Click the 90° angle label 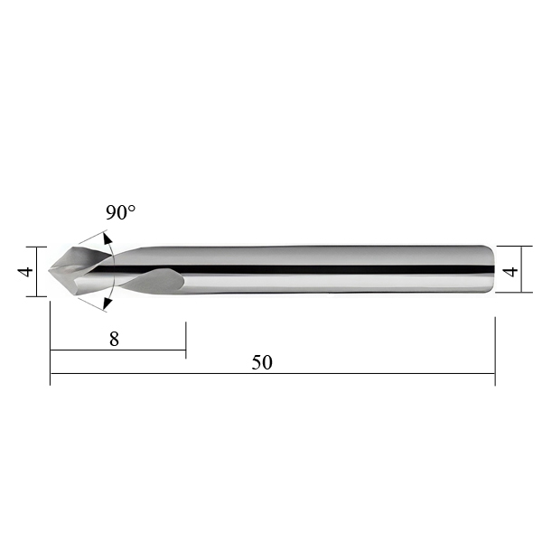120,212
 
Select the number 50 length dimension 262,362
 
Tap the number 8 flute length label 114,339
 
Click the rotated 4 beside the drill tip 25,271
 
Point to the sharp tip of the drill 49,270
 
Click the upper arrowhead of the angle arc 107,238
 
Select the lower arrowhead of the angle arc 107,304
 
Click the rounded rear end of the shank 491,269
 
